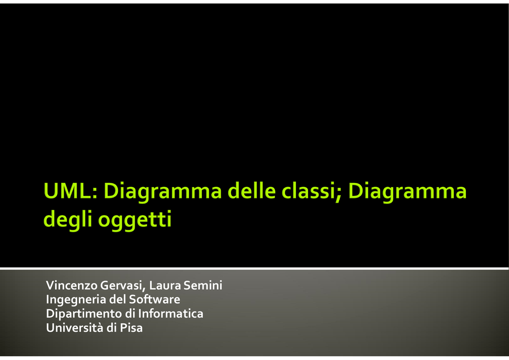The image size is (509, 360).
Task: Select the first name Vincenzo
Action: (x=72, y=285)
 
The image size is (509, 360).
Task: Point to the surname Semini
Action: (x=203, y=285)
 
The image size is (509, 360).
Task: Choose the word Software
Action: (x=155, y=299)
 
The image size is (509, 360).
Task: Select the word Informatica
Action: (x=171, y=314)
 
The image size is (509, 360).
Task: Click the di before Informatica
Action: (x=130, y=314)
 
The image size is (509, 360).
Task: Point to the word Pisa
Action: (x=131, y=328)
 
